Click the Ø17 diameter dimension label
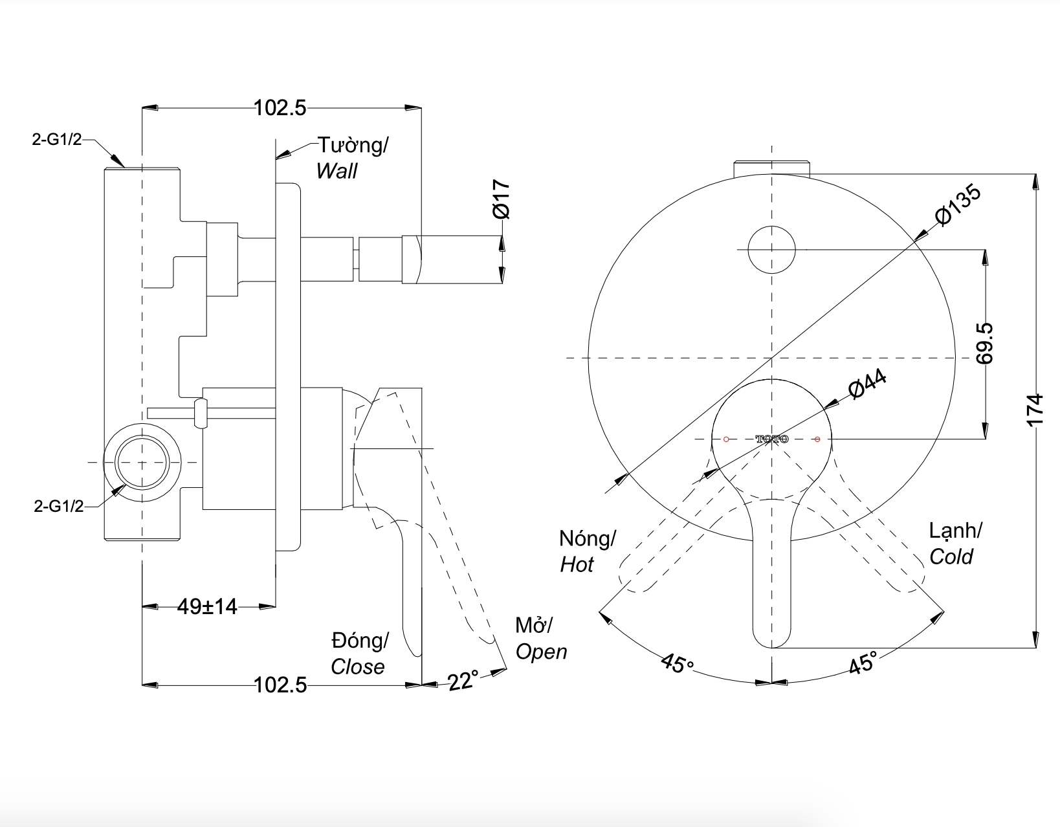tap(502, 200)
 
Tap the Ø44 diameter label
tap(867, 384)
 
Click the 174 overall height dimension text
tap(1035, 410)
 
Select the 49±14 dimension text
tap(207, 607)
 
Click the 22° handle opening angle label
tap(463, 681)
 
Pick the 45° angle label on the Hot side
tap(677, 663)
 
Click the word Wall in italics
tap(337, 171)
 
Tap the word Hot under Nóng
tap(577, 565)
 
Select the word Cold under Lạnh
tap(951, 557)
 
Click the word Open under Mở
tap(541, 652)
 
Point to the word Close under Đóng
tap(357, 667)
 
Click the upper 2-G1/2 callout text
tap(57, 139)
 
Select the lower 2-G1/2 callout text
tap(59, 506)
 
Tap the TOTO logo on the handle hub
tap(772, 439)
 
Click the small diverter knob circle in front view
tap(771, 249)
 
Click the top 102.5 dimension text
tap(280, 107)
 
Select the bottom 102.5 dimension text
tap(280, 685)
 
